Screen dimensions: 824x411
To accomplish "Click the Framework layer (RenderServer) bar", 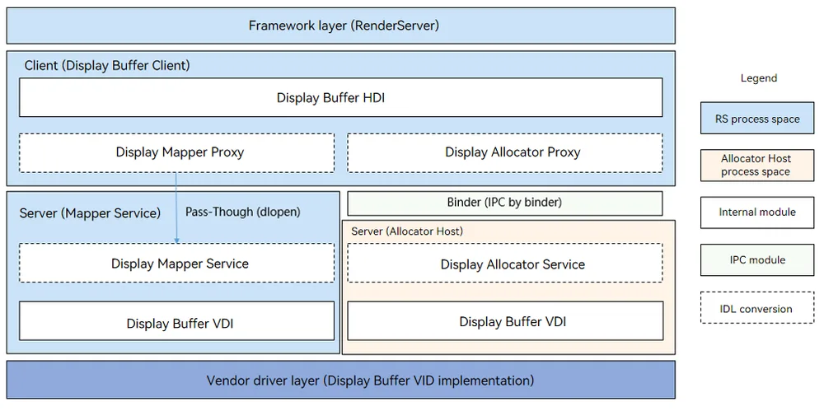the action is [x=340, y=26].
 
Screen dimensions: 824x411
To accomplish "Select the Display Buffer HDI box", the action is [x=340, y=97].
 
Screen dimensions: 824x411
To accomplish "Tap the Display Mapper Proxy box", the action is [x=176, y=152].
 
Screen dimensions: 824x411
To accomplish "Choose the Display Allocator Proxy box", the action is [x=505, y=152].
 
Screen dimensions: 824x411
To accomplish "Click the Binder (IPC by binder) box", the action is [x=505, y=203].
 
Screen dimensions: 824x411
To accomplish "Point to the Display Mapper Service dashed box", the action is [x=176, y=263].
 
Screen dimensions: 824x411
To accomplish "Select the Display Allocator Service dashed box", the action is [x=505, y=263].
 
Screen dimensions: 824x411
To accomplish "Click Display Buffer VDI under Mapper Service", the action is [x=176, y=321].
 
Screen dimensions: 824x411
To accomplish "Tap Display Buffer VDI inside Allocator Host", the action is [x=505, y=321].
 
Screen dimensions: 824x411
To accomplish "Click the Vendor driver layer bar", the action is [x=340, y=380].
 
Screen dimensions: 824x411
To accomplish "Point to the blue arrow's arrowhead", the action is [x=176, y=241].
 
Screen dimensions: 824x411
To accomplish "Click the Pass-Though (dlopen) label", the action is [x=243, y=212].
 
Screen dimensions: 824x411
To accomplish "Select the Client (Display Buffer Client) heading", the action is [x=107, y=66].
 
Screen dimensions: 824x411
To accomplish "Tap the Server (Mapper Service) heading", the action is [x=90, y=213].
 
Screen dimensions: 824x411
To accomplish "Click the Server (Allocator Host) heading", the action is [x=407, y=231].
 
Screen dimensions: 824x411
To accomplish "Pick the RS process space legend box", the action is [x=757, y=119].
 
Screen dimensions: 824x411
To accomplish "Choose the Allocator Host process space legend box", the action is [x=757, y=165].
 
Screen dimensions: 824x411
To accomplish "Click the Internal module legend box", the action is [x=757, y=213].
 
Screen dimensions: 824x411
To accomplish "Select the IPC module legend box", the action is [x=757, y=259].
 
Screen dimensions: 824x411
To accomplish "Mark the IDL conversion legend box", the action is [x=757, y=309].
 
